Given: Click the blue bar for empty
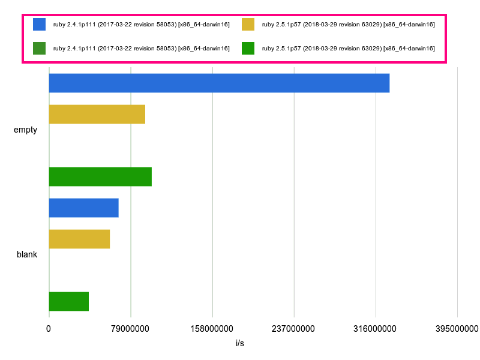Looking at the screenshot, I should point(219,83).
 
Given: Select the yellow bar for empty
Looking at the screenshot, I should point(97,114).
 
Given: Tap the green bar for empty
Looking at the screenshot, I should point(100,176).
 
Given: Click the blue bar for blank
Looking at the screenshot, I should point(83,208).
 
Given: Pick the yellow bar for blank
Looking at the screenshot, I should point(79,239).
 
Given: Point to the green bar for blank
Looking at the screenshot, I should point(68,301).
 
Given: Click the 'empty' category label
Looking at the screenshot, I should point(25,130).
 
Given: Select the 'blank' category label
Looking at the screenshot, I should point(27,254).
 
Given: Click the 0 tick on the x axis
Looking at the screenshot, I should point(49,329).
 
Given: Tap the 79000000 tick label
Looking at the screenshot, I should point(130,329).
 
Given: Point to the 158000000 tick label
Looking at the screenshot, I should point(212,329).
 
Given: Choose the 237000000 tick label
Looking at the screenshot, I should point(293,329).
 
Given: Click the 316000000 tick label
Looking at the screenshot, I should point(375,329).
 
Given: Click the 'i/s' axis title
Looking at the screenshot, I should point(240,344).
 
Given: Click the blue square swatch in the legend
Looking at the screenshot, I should point(39,24).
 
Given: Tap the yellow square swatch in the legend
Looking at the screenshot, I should point(248,24).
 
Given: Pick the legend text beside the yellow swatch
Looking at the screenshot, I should point(348,24).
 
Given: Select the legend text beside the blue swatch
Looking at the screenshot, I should point(141,24).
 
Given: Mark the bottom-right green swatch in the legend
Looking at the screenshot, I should point(248,48).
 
